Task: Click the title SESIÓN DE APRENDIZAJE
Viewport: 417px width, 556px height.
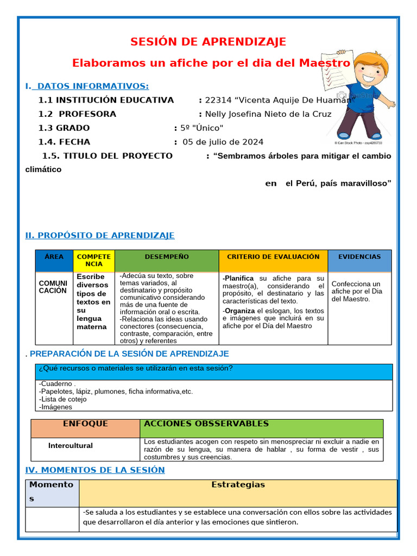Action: (x=208, y=42)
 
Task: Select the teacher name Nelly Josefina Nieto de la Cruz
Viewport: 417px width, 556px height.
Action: (x=268, y=114)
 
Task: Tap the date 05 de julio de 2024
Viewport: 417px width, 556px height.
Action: (x=223, y=142)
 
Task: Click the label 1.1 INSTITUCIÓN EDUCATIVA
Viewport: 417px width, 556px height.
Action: (x=106, y=100)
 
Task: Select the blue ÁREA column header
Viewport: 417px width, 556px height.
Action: (x=54, y=257)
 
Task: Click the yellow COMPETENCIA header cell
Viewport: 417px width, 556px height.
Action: (x=93, y=260)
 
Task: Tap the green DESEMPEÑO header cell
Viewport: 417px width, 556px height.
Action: (x=167, y=257)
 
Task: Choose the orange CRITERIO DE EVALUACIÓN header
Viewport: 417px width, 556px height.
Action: (x=273, y=257)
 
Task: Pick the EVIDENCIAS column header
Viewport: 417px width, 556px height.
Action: (x=359, y=257)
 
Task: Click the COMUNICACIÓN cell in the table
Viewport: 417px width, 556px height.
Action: (x=53, y=287)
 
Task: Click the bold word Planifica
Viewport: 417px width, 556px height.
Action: (x=238, y=279)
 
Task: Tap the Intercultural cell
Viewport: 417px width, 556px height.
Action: (x=71, y=446)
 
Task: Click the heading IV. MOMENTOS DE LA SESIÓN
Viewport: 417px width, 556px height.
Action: (x=95, y=470)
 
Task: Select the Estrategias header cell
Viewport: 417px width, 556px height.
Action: (x=238, y=485)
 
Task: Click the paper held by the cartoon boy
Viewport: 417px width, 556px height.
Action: (x=340, y=72)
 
